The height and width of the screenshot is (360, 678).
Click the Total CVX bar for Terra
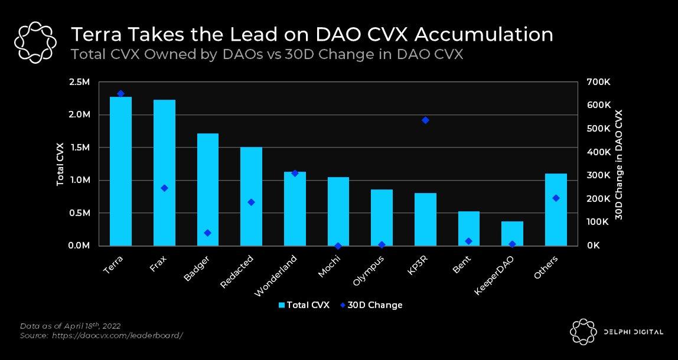(120, 171)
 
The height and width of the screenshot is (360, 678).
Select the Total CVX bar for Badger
(207, 189)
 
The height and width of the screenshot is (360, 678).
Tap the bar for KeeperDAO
(512, 233)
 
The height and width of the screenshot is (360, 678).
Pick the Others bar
(556, 210)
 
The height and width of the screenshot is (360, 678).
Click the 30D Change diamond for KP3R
(425, 120)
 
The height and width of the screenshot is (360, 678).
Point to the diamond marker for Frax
(164, 188)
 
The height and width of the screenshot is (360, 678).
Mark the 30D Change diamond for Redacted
(251, 202)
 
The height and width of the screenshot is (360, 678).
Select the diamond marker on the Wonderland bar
(295, 173)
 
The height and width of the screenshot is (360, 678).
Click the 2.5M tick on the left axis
(79, 82)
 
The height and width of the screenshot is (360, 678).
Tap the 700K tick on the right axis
(598, 82)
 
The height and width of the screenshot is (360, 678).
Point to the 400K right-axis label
(598, 152)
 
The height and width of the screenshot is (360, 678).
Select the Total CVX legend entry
(304, 305)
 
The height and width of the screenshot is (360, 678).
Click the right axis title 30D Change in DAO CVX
(619, 164)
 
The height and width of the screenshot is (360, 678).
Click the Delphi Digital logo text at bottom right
(633, 332)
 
